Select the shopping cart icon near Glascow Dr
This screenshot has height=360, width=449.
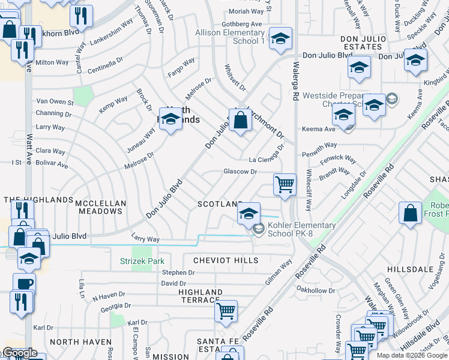pyautogui.click(x=285, y=184)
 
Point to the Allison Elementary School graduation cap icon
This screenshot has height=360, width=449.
pyautogui.click(x=280, y=40)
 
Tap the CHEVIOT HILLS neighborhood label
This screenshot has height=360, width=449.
pyautogui.click(x=226, y=260)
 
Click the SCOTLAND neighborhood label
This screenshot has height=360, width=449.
pyautogui.click(x=220, y=205)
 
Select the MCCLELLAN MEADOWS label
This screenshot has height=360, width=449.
pyautogui.click(x=101, y=207)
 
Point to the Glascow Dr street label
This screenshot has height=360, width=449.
pyautogui.click(x=240, y=172)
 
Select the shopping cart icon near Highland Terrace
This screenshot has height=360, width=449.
pyautogui.click(x=226, y=311)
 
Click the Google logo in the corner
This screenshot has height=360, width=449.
pyautogui.click(x=19, y=353)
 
